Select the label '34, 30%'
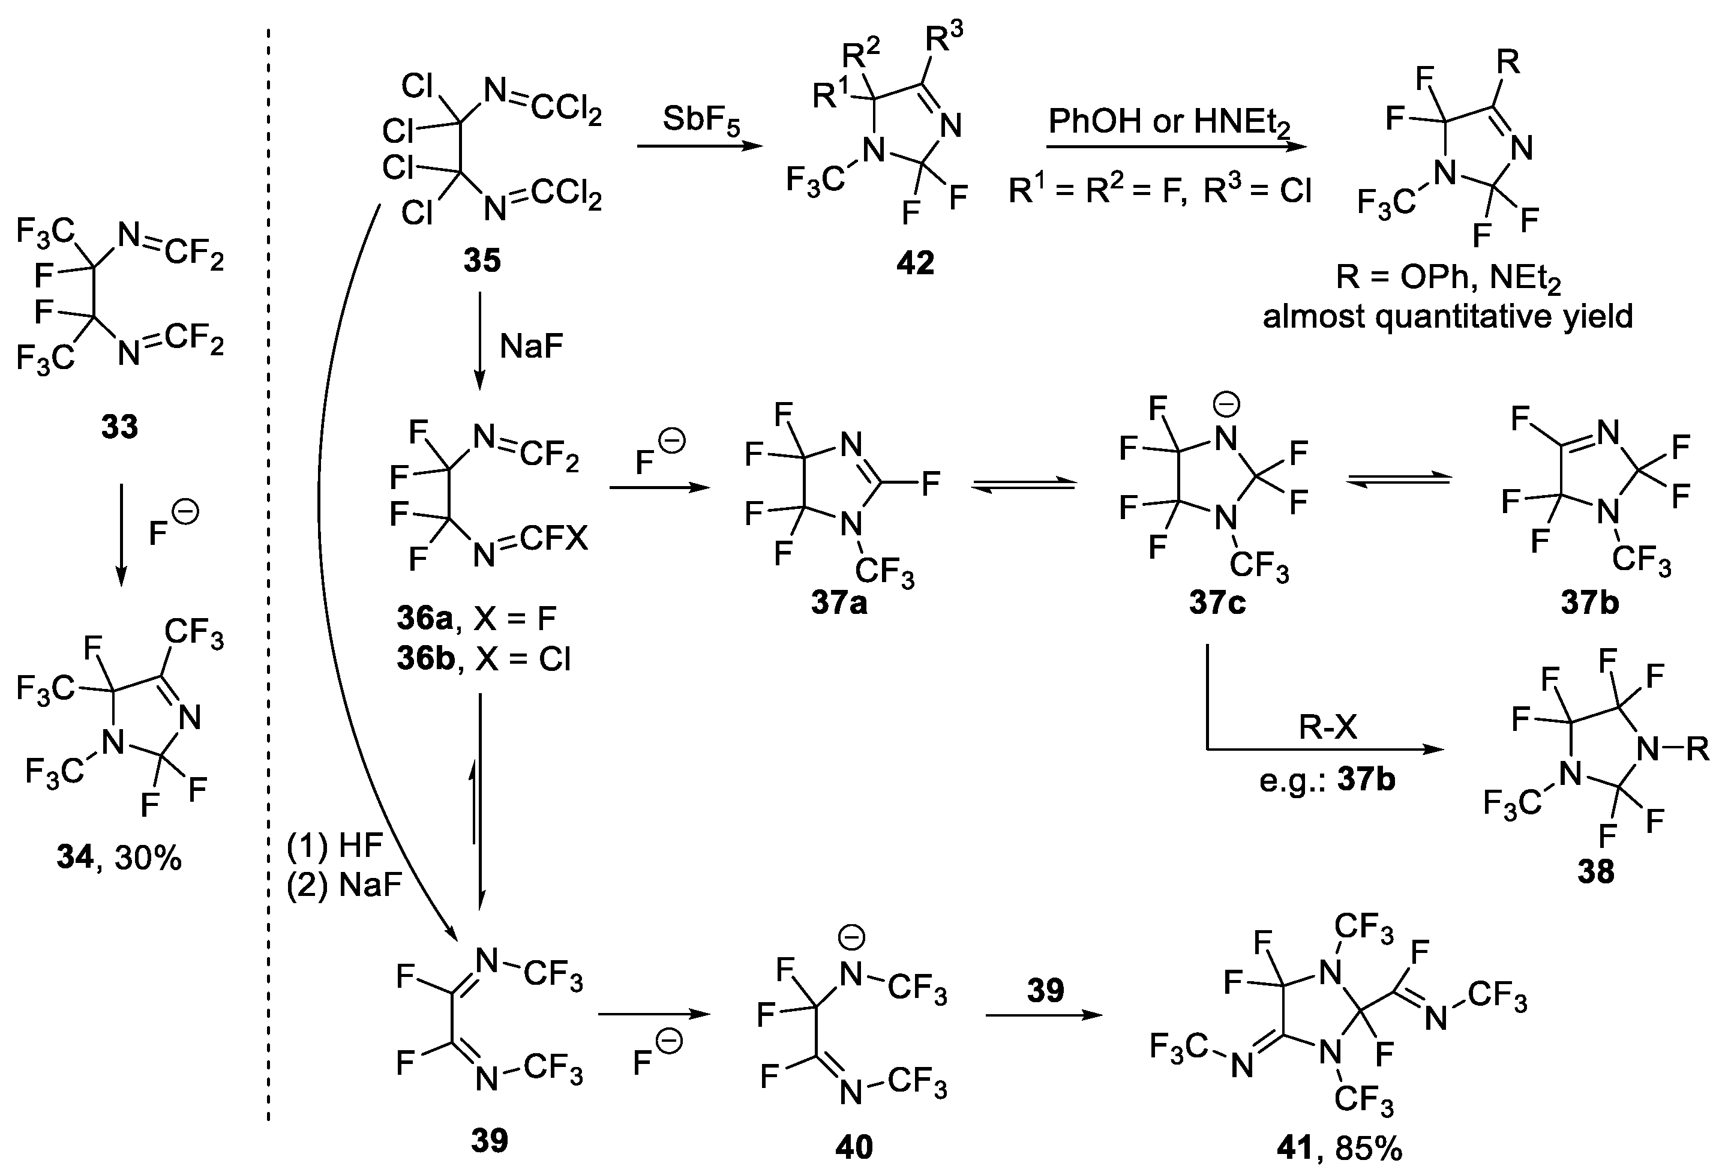click(118, 858)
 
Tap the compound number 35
click(482, 260)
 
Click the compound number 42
click(915, 262)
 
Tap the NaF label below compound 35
click(531, 346)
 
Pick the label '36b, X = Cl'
click(484, 658)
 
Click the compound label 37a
click(839, 603)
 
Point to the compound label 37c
click(1217, 603)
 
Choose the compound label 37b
click(1589, 603)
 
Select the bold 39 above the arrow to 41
click(1045, 990)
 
